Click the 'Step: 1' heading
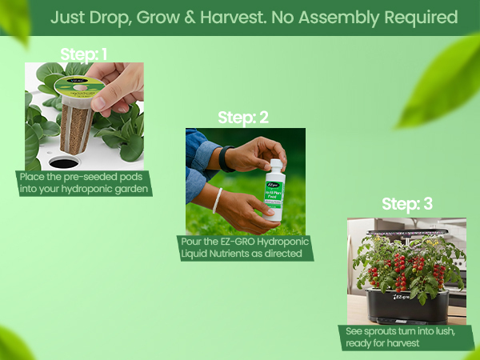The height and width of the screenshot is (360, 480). (84, 54)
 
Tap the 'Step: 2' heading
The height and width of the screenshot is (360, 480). (243, 118)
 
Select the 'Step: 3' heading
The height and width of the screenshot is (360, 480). (406, 204)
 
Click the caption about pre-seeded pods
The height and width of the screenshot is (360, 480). (84, 183)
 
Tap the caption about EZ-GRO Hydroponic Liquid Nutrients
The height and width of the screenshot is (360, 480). (244, 248)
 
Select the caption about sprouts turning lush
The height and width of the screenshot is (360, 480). (406, 337)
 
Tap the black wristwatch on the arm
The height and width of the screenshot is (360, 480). (224, 158)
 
